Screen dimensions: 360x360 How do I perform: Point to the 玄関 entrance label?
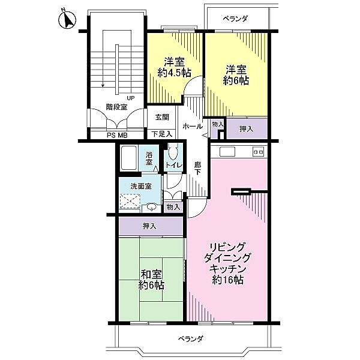[162, 118]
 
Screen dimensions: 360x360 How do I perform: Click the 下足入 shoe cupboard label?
[162, 134]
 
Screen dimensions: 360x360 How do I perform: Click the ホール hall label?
[192, 127]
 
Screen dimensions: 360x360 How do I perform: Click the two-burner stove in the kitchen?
[259, 152]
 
